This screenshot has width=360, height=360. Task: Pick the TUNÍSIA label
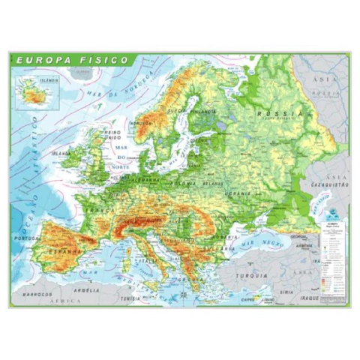click(x=132, y=298)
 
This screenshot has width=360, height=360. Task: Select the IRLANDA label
click(x=61, y=153)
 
